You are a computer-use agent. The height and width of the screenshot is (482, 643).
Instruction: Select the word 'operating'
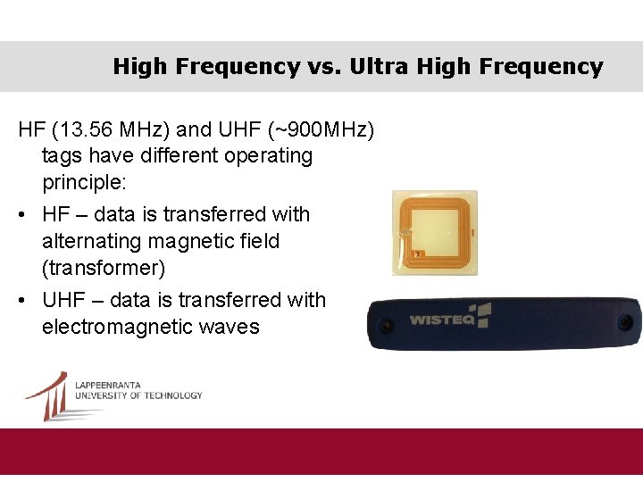[x=268, y=156]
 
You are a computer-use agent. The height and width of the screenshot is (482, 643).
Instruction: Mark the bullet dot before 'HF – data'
[x=23, y=215]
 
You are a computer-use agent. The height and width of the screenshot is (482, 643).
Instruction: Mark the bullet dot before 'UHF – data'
[x=23, y=301]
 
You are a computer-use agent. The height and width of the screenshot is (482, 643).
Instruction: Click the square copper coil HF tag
[x=434, y=232]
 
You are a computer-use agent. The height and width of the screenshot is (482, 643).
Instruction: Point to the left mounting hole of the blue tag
[x=386, y=323]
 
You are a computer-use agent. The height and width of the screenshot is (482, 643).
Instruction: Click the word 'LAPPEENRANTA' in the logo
[x=107, y=386]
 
